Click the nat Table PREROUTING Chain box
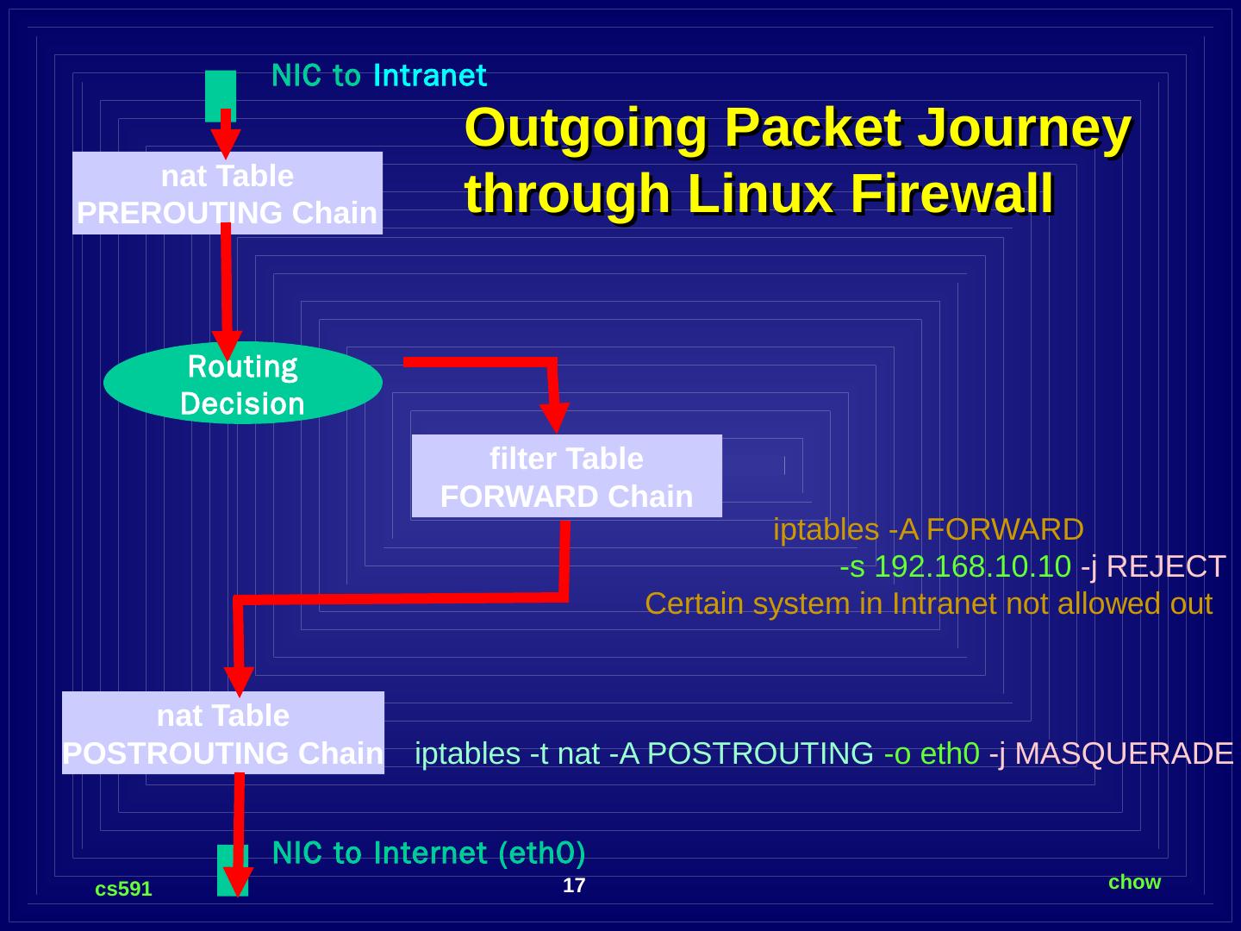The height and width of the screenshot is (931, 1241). (x=227, y=193)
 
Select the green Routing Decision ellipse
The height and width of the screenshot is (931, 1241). (x=242, y=384)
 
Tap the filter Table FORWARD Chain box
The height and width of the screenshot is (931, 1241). (x=566, y=477)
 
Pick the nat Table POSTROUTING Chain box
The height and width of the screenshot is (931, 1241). (x=222, y=734)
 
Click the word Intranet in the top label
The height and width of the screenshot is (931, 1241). (x=429, y=76)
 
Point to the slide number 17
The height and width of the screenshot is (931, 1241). (x=574, y=885)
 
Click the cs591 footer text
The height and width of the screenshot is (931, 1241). (x=123, y=889)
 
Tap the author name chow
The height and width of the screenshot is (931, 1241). (x=1134, y=882)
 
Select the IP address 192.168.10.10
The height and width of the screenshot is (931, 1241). (x=972, y=566)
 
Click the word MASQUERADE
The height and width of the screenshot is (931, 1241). (x=1124, y=753)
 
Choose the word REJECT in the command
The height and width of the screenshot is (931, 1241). (x=1165, y=566)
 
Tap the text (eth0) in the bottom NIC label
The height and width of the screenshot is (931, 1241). (x=541, y=853)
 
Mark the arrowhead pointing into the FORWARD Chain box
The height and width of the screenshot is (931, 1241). (x=557, y=417)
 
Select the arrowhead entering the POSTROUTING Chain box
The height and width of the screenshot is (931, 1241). (x=239, y=680)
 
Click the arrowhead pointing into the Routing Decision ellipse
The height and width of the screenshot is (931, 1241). (x=228, y=345)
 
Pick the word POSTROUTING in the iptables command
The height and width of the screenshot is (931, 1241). (x=759, y=753)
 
